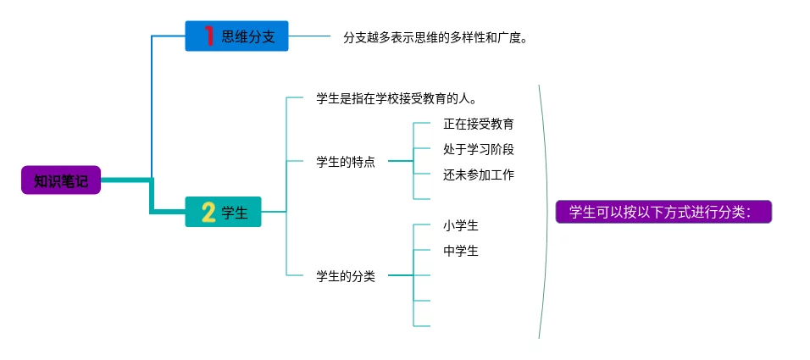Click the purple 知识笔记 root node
pyautogui.click(x=61, y=180)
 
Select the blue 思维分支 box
pyautogui.click(x=236, y=36)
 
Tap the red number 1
pyautogui.click(x=209, y=36)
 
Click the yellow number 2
pyautogui.click(x=208, y=212)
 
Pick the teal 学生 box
pyautogui.click(x=223, y=212)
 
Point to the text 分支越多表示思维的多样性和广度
pyautogui.click(x=435, y=38)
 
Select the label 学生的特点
pyautogui.click(x=346, y=162)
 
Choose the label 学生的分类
pyautogui.click(x=346, y=276)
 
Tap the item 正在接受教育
pyautogui.click(x=479, y=124)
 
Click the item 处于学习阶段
pyautogui.click(x=479, y=149)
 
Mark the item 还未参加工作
pyautogui.click(x=479, y=174)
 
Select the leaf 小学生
pyautogui.click(x=461, y=225)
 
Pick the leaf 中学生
pyautogui.click(x=461, y=251)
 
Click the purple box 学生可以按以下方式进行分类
pyautogui.click(x=663, y=212)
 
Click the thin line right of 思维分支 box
pyautogui.click(x=309, y=36)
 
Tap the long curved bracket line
pyautogui.click(x=546, y=212)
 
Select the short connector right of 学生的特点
pyautogui.click(x=401, y=161)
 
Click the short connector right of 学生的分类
pyautogui.click(x=401, y=275)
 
